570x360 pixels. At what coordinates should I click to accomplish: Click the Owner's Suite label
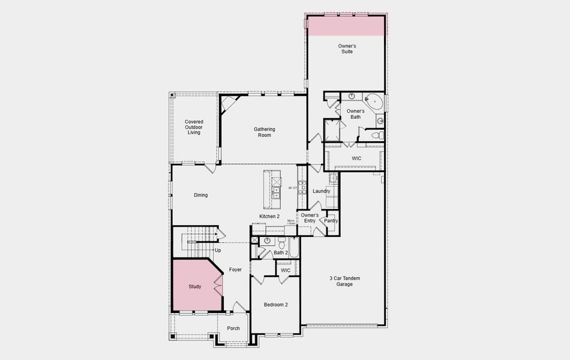click(346, 49)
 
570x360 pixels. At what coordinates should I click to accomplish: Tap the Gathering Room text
click(264, 132)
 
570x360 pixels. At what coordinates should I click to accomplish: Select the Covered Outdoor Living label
click(194, 127)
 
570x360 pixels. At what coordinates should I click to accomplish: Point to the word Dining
click(200, 195)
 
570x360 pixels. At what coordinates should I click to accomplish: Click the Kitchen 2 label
click(269, 216)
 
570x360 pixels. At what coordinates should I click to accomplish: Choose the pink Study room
click(195, 286)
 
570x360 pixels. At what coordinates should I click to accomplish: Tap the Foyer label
click(235, 269)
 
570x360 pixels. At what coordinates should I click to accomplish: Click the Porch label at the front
click(233, 328)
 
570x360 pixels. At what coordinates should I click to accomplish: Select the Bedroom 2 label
click(276, 305)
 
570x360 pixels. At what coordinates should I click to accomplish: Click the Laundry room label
click(322, 191)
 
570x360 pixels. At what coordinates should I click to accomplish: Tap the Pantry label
click(331, 221)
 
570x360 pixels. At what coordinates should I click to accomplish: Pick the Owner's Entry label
click(310, 218)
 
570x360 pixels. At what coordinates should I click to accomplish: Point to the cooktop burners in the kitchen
click(303, 187)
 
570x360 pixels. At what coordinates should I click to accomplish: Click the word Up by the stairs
click(217, 250)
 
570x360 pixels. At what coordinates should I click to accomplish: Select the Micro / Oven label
click(291, 222)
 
